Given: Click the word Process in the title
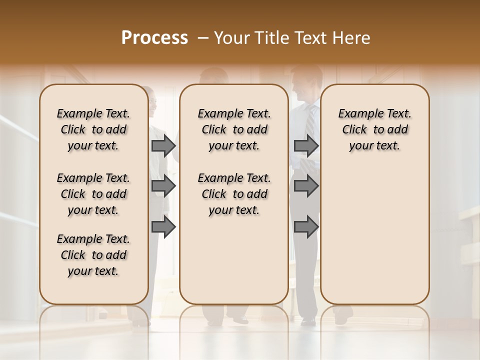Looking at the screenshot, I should tap(154, 38).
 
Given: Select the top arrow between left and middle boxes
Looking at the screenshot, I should tap(163, 145).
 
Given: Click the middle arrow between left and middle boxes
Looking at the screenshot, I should tap(163, 186).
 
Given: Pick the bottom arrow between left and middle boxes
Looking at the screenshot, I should tap(163, 227).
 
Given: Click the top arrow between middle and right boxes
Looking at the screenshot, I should tap(306, 145).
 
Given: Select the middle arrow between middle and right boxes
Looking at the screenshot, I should tap(306, 186).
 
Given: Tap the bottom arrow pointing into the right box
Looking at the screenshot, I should tap(306, 227).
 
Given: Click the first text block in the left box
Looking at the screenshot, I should tap(93, 129).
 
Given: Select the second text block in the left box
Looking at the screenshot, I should tap(93, 194).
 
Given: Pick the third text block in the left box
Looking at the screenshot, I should tap(93, 255).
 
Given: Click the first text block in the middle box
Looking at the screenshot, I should tap(234, 129).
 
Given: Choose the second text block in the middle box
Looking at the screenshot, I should tap(234, 194).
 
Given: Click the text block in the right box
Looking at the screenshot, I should tap(374, 129).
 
